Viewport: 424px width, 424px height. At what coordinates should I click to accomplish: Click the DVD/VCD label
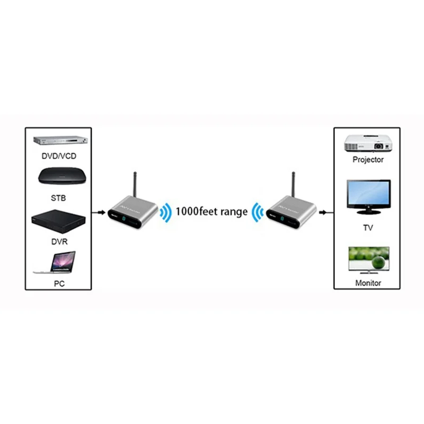59,156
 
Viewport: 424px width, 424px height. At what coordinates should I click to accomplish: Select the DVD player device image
59,141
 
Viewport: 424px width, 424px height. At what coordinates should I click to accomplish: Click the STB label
59,199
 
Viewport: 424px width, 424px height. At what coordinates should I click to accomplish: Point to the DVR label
59,242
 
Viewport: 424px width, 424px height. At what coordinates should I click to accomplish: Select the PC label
59,284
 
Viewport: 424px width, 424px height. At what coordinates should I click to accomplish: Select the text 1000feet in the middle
195,211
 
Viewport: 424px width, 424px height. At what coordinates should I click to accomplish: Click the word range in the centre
232,212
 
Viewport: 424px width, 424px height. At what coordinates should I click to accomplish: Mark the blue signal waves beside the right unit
258,212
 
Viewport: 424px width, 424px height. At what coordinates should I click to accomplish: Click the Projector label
368,159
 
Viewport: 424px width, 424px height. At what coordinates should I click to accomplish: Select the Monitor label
368,283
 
